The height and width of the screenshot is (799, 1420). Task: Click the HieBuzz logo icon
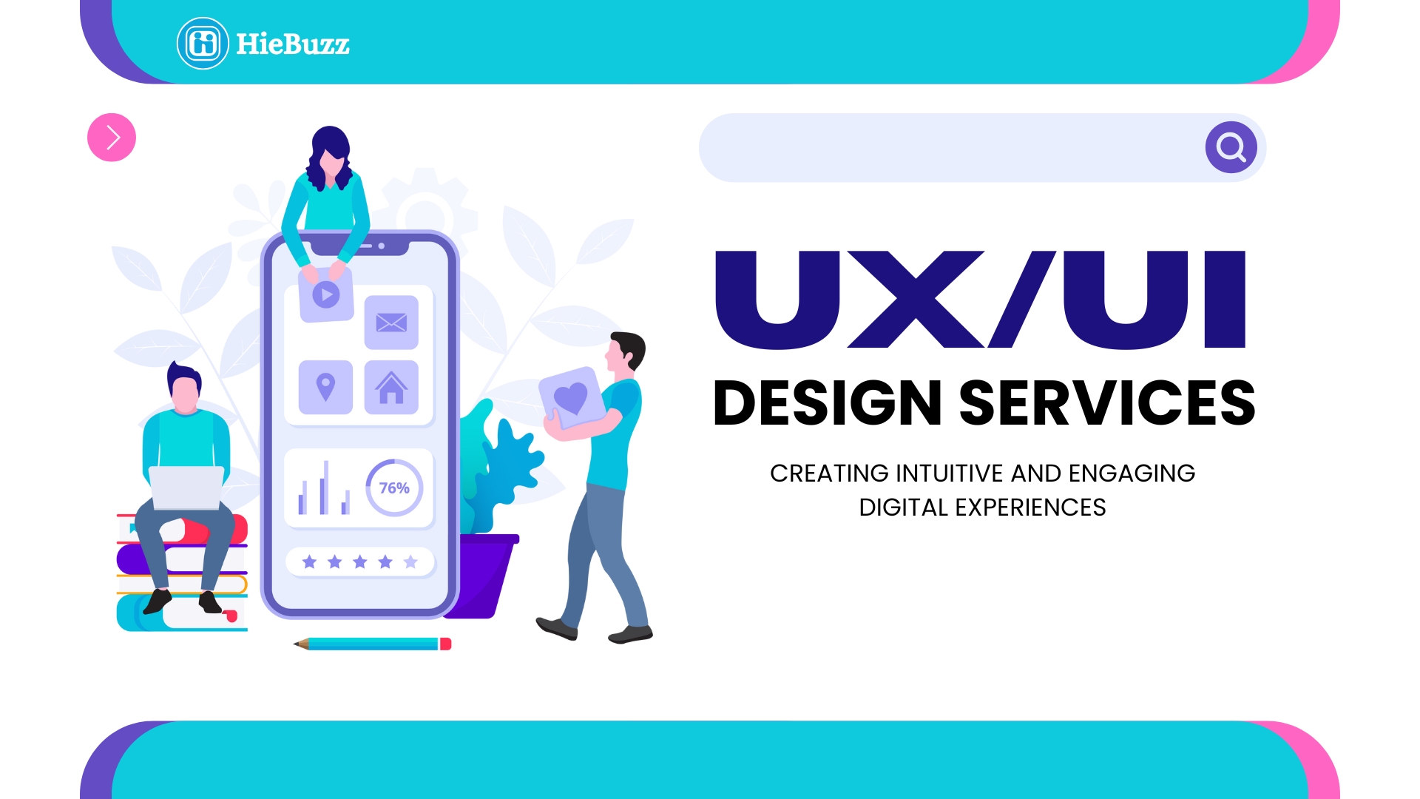[x=203, y=44]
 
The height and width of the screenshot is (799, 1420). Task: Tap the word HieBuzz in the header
[x=293, y=44]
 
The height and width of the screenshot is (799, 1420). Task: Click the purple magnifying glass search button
[x=1231, y=147]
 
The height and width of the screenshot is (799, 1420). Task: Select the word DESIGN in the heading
[x=827, y=403]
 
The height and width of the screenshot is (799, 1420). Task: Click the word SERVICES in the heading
[x=1107, y=403]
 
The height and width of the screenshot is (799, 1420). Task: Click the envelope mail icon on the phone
[x=391, y=323]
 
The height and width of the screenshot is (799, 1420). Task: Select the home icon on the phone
[x=391, y=388]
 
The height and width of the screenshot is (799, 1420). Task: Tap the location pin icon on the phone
[x=325, y=388]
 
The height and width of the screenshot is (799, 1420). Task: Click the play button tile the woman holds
[x=326, y=294]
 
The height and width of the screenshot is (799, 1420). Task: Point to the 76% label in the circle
[x=394, y=488]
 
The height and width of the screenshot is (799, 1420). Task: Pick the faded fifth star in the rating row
[x=410, y=562]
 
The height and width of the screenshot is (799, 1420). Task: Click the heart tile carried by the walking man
[x=570, y=398]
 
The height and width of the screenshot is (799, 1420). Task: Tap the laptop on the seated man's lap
[x=186, y=488]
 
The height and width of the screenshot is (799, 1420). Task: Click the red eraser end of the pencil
[x=446, y=644]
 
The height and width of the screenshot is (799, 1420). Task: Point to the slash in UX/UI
[x=1023, y=299]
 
